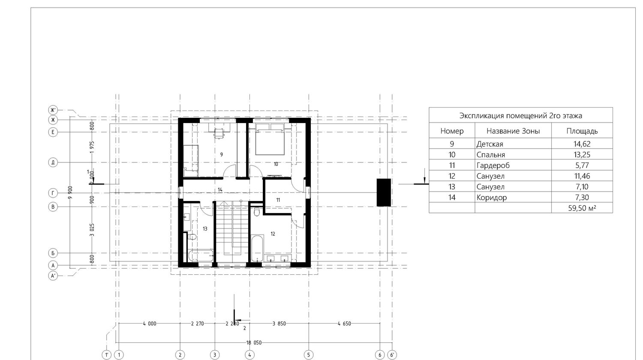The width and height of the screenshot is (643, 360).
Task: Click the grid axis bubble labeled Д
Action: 53,162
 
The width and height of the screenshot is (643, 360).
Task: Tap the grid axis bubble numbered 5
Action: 309,355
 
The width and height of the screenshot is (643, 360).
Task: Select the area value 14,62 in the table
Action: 582,144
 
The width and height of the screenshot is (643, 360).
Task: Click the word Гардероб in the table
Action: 493,165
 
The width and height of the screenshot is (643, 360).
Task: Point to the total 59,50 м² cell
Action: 582,208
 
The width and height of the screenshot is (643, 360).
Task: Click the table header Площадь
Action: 582,131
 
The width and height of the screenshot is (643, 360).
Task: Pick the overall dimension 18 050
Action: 254,342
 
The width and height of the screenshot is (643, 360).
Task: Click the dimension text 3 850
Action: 279,324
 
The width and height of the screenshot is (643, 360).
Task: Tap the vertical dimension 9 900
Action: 70,192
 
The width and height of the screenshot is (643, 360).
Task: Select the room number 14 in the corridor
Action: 220,190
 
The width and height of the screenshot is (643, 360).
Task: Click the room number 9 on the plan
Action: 221,154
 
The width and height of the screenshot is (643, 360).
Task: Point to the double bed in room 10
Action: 270,139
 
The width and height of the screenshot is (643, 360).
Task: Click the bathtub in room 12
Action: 258,248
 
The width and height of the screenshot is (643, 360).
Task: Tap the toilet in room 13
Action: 192,237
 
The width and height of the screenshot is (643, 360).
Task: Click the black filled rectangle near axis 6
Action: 384,192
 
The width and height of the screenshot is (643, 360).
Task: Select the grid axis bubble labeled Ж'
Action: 53,110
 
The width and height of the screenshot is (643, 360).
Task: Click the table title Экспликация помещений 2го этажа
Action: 521,116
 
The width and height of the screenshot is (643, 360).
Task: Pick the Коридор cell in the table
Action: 491,198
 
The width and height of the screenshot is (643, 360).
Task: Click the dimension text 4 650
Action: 344,324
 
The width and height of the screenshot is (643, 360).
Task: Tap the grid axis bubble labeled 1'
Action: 106,355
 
